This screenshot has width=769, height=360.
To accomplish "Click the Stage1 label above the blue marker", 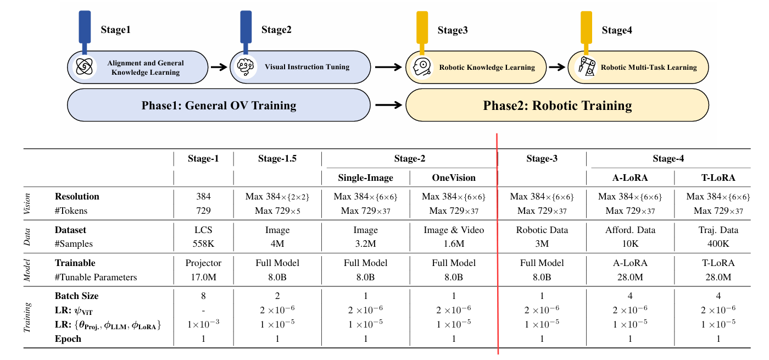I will point(115,30).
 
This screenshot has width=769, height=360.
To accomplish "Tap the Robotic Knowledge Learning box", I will point(474,68).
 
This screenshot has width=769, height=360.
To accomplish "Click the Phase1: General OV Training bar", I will point(219,105).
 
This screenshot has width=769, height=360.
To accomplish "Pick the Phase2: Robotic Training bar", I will point(557,105).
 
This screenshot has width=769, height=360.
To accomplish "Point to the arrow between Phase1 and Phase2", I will point(388,105).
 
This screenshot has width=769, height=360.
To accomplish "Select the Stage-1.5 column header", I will point(277,159).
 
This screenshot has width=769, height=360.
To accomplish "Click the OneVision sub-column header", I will point(453,178).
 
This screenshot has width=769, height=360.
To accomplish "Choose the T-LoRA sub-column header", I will point(718,178).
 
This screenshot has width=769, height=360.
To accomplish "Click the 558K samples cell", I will point(203,243).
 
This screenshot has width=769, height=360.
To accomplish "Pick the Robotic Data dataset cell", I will point(542,230).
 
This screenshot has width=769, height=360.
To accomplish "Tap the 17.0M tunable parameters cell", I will point(203,277).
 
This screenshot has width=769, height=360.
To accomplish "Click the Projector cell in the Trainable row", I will point(203,263).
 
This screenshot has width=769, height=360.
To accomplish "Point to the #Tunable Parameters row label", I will point(96,277).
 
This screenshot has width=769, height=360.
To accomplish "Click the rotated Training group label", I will point(27,317).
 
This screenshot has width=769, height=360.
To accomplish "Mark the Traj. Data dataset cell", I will point(718,230).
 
